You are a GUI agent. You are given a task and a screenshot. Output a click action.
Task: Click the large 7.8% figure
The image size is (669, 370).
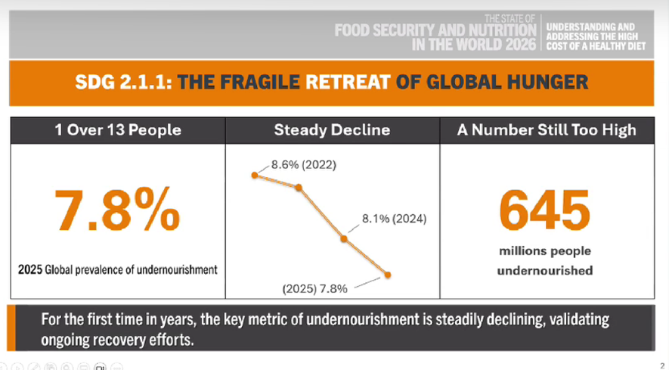(x=117, y=210)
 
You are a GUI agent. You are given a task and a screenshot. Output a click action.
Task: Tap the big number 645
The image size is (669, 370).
(x=545, y=210)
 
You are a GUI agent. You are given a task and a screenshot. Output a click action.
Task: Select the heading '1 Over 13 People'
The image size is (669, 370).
(x=118, y=130)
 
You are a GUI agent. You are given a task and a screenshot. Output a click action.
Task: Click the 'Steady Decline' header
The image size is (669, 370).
(x=332, y=130)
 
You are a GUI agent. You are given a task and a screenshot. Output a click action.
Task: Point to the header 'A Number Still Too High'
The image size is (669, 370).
(x=547, y=130)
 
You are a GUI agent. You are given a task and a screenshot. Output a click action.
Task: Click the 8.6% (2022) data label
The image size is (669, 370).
(x=304, y=164)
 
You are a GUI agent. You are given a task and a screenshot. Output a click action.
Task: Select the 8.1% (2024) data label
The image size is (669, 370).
(x=395, y=219)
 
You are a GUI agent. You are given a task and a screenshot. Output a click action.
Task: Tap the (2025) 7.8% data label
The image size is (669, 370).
(x=315, y=289)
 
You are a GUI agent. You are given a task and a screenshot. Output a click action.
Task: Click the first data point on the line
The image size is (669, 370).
(x=255, y=176)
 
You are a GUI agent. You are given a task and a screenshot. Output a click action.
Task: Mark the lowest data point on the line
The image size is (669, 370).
(x=387, y=275)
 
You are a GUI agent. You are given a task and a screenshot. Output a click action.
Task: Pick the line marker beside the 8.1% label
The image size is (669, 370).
(x=344, y=239)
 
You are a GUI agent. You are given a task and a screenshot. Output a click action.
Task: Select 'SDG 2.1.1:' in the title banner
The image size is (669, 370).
(x=124, y=82)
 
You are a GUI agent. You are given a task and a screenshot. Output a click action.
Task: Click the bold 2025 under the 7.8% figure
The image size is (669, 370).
(x=30, y=269)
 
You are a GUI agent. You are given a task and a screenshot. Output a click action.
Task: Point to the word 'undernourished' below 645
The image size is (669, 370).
(x=545, y=270)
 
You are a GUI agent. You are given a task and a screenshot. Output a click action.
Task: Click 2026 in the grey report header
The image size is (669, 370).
(x=521, y=45)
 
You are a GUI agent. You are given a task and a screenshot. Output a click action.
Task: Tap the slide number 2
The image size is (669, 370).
(x=663, y=365)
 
